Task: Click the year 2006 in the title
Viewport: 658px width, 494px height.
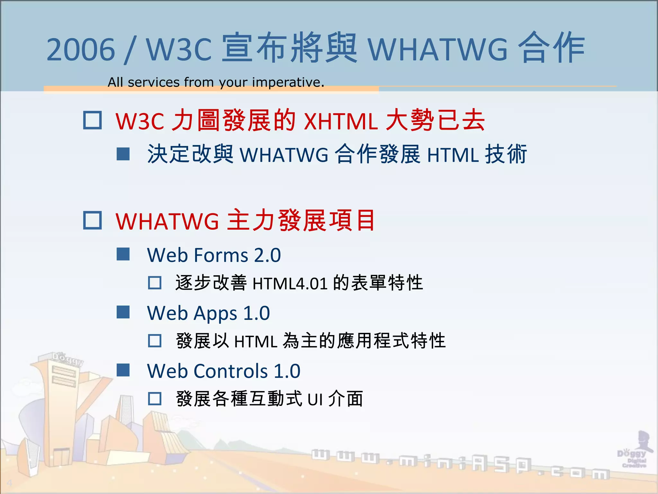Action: tap(81, 50)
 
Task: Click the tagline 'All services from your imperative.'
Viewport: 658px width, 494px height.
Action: tap(216, 82)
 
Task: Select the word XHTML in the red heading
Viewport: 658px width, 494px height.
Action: tap(341, 122)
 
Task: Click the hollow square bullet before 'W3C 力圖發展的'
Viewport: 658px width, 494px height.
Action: tap(93, 120)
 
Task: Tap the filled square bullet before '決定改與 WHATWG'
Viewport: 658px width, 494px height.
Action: tap(123, 154)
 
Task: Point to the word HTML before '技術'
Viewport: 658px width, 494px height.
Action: tap(453, 155)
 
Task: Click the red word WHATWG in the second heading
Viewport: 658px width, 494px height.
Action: tap(167, 221)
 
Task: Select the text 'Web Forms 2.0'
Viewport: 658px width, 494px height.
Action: tap(214, 255)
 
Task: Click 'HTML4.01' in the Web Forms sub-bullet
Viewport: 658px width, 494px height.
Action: tap(290, 284)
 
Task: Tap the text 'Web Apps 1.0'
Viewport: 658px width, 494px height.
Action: tap(209, 313)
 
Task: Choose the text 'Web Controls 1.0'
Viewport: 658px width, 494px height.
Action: tap(224, 371)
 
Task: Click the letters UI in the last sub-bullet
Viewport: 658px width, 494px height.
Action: tap(315, 400)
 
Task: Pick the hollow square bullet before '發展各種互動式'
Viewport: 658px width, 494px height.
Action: tap(155, 399)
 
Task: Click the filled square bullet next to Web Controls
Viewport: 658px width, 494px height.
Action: tap(123, 370)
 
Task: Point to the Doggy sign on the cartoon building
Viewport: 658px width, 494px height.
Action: tap(68, 359)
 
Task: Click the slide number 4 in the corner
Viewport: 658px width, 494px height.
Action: tap(9, 483)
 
